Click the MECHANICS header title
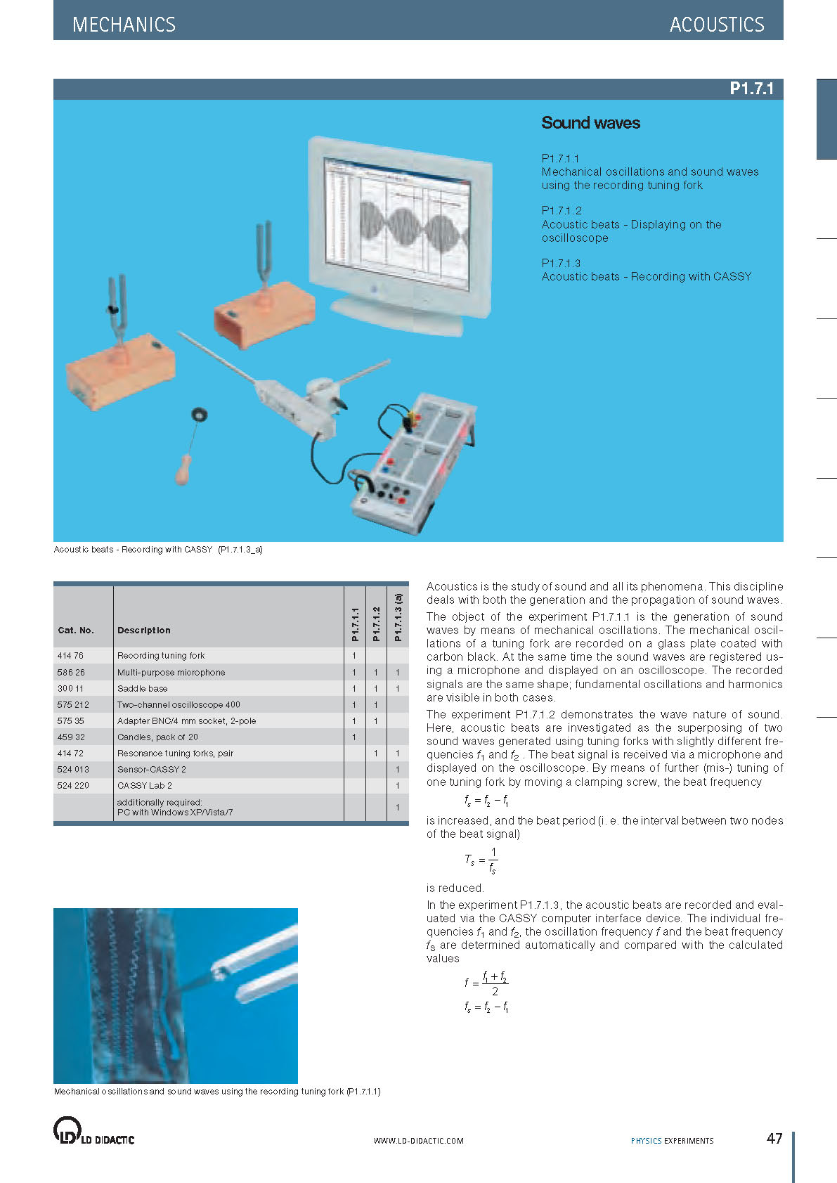[x=124, y=25]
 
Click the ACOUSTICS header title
[x=716, y=25]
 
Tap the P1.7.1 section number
[x=751, y=89]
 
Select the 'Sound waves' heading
[x=590, y=123]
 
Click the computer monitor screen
[x=396, y=225]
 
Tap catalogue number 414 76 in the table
[x=70, y=656]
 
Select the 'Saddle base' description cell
[x=142, y=689]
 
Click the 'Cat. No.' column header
[x=76, y=631]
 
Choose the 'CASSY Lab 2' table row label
[x=144, y=786]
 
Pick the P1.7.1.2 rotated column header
[x=376, y=624]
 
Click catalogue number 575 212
[x=73, y=704]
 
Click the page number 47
[x=774, y=1139]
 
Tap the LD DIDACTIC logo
[x=93, y=1132]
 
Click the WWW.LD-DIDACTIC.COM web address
[x=418, y=1141]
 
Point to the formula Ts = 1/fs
[x=481, y=860]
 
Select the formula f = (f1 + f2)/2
[x=486, y=983]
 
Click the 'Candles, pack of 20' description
[x=157, y=737]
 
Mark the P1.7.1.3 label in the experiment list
[x=561, y=263]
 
